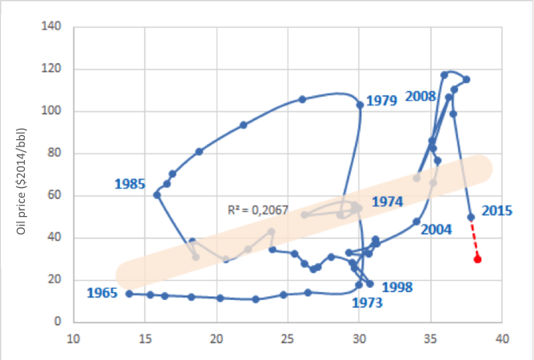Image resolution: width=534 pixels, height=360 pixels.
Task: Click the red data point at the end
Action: [477, 259]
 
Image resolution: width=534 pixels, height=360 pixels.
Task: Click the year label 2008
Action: [420, 96]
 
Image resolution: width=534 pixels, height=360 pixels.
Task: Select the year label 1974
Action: [388, 202]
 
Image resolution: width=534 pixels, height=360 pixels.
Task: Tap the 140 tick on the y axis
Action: [52, 27]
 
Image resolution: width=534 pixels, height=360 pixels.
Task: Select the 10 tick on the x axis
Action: [74, 339]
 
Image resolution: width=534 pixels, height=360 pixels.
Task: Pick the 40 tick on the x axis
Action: [502, 339]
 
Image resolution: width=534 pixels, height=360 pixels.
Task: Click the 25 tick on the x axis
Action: [288, 339]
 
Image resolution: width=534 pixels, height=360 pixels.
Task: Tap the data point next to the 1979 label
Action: [360, 105]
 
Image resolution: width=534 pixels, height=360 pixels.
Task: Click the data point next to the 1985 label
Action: [157, 194]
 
